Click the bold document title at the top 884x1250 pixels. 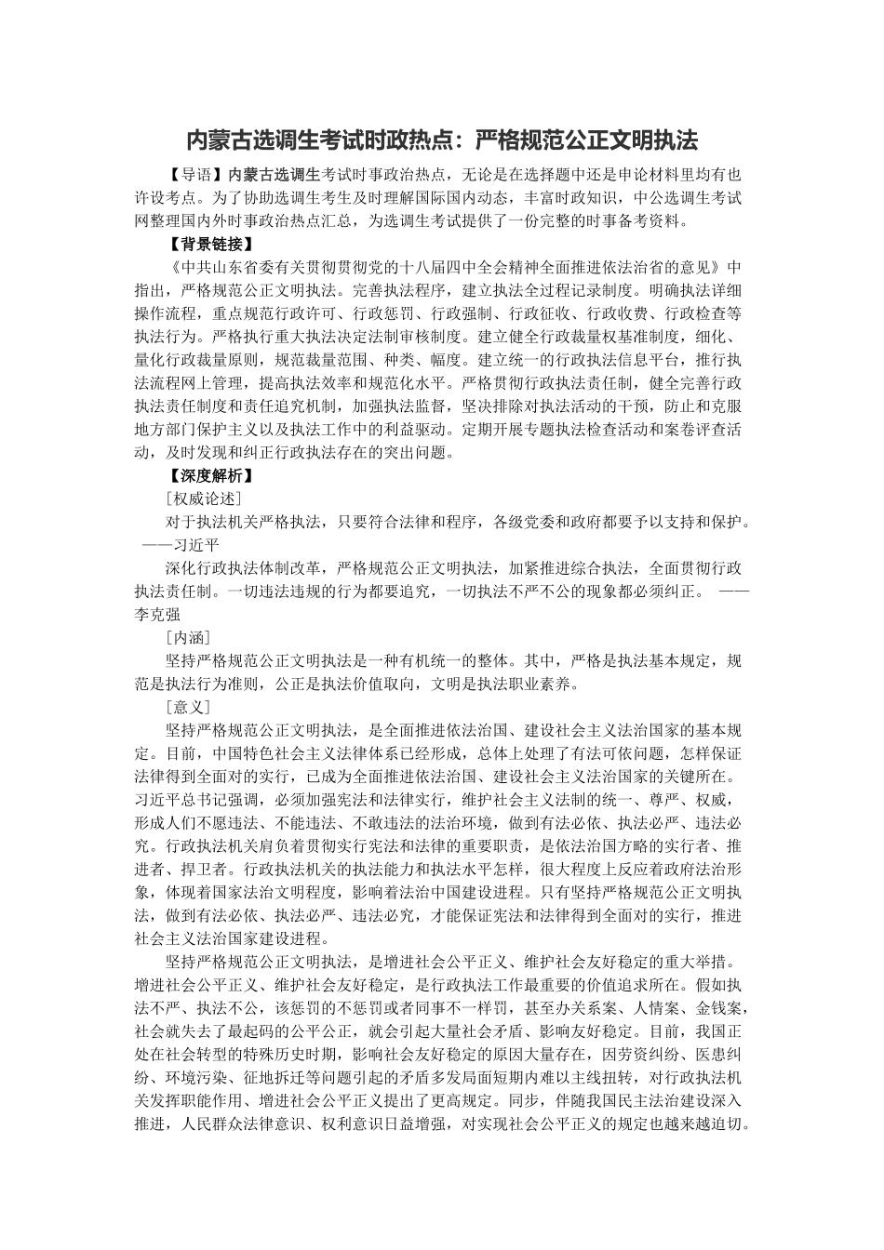click(442, 140)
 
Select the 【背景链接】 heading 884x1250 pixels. click(206, 245)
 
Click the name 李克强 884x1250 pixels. click(157, 614)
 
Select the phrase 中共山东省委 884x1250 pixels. click(229, 268)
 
